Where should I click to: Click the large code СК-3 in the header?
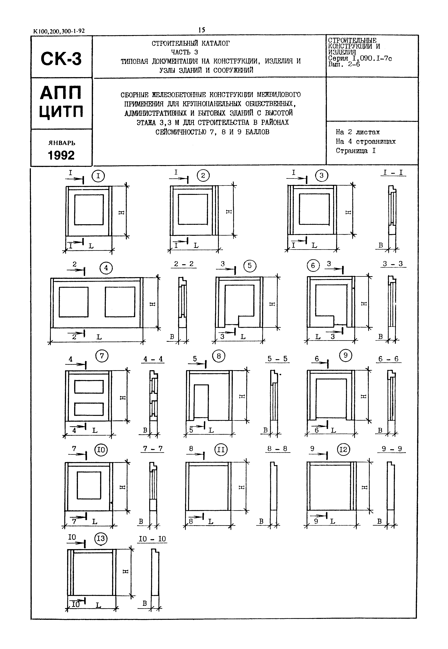pyautogui.click(x=61, y=59)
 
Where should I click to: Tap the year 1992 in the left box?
pyautogui.click(x=61, y=155)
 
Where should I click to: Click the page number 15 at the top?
pyautogui.click(x=202, y=30)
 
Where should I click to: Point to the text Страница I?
pyautogui.click(x=355, y=151)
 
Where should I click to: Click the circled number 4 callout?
pyautogui.click(x=106, y=268)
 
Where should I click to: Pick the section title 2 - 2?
pyautogui.click(x=184, y=264)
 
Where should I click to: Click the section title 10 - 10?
pyautogui.click(x=152, y=539)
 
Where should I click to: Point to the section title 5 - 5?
pyautogui.click(x=277, y=359)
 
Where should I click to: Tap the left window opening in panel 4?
pyautogui.click(x=74, y=302)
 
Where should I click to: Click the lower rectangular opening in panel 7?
pyautogui.click(x=89, y=409)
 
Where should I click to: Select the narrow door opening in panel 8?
pyautogui.click(x=201, y=401)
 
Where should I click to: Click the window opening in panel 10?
pyautogui.click(x=89, y=485)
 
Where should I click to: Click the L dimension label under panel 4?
pyautogui.click(x=99, y=337)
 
